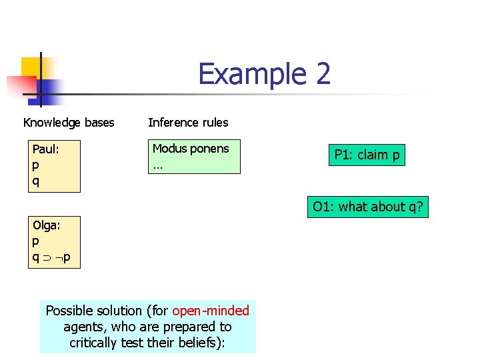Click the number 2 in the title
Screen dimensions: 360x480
[x=322, y=74]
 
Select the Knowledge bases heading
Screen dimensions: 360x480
[x=69, y=123]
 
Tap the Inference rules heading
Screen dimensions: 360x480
[x=188, y=123]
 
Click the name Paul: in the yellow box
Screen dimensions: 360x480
[x=46, y=150]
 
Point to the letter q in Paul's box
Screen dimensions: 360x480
[x=36, y=180]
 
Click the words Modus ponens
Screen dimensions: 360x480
[x=191, y=149]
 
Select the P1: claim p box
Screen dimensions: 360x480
[x=367, y=155]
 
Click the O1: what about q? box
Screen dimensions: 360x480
[x=367, y=207]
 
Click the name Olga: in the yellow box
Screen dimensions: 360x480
[x=47, y=225]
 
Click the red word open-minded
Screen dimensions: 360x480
[x=211, y=311]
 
